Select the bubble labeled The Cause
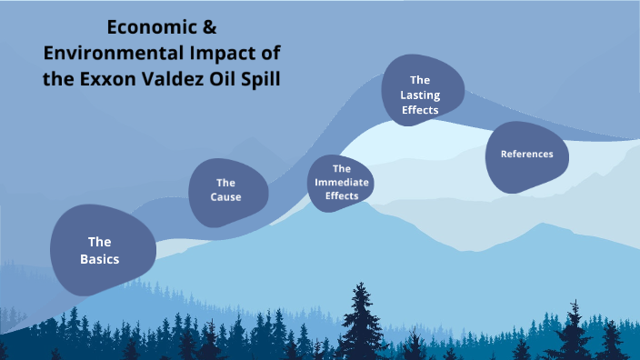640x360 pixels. pyautogui.click(x=227, y=190)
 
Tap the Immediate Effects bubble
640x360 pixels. pyautogui.click(x=341, y=182)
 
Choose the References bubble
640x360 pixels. pyautogui.click(x=527, y=155)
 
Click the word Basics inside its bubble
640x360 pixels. pyautogui.click(x=99, y=259)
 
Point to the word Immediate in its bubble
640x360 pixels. pyautogui.click(x=341, y=182)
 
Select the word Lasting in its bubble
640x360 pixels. pyautogui.click(x=420, y=95)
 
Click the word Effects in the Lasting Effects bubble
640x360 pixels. pyautogui.click(x=420, y=110)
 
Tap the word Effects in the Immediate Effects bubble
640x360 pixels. pyautogui.click(x=341, y=195)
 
